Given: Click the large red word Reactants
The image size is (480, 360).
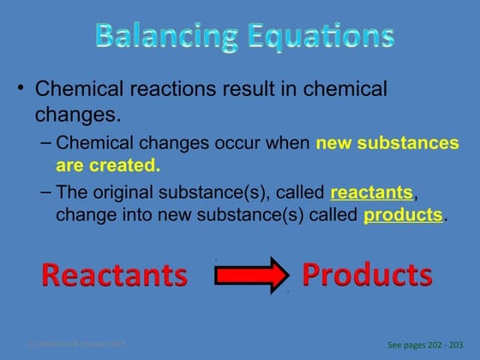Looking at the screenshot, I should tap(114, 275).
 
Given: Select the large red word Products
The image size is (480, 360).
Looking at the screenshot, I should tap(367, 274).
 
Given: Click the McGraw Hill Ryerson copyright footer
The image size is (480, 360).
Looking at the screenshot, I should tap(77, 344).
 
